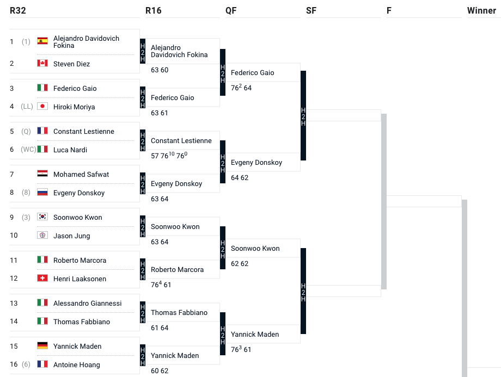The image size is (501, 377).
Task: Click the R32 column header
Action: coord(18,10)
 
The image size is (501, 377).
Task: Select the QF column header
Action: coord(231,10)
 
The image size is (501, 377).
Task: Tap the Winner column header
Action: coord(481,10)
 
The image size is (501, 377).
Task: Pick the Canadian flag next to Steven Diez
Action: coord(42,64)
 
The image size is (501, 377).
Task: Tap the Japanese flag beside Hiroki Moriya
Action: coord(42,107)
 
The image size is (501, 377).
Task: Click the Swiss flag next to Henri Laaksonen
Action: coord(42,279)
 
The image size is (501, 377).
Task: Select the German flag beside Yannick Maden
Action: coord(42,346)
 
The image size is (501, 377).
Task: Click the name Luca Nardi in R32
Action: coord(70,150)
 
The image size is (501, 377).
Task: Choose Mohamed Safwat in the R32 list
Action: coord(81,174)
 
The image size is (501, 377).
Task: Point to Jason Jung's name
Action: coord(72,236)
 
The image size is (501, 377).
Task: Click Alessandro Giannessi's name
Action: coord(88,303)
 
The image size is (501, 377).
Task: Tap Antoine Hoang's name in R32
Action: coord(77,364)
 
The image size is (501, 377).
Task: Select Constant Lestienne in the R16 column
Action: coord(181,140)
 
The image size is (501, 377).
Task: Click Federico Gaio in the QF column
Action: coord(253,72)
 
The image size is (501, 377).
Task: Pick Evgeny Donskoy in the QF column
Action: coord(256,162)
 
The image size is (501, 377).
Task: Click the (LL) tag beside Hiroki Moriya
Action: coord(26,107)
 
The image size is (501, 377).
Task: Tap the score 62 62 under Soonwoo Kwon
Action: coord(240,263)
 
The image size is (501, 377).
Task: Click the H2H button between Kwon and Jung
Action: coord(143,227)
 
